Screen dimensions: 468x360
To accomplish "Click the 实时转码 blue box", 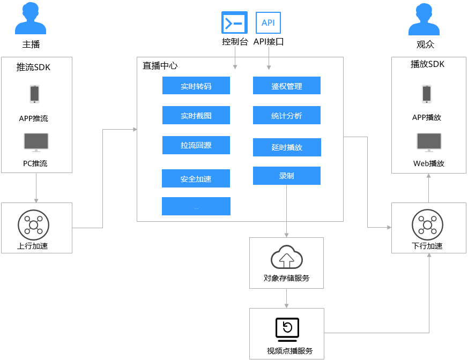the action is click(196, 86).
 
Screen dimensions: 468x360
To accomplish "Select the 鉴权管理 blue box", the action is click(287, 86).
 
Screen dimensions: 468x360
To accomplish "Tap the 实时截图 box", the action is click(196, 115).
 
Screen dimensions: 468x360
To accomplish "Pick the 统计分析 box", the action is click(287, 115).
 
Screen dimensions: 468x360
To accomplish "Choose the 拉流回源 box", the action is click(196, 145).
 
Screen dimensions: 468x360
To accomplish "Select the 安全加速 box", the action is click(196, 178).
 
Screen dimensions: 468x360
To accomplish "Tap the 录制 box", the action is click(287, 176).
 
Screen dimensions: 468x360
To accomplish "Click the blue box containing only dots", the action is click(196, 206).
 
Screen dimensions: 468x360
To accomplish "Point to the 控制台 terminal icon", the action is click(235, 22).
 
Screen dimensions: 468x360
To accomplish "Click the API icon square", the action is click(269, 22).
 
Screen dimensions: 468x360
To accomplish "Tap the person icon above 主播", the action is click(31, 19).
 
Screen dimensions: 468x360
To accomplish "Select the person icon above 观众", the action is click(424, 19).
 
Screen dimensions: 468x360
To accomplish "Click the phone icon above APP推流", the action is click(35, 94).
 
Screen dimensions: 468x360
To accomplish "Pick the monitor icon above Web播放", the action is click(429, 142).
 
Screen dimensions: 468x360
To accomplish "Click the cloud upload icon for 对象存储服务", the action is click(287, 257).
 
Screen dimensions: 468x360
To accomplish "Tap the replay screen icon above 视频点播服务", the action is click(287, 330).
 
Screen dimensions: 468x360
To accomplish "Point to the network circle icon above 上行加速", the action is click(33, 225).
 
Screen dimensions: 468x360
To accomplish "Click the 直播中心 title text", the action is click(160, 66).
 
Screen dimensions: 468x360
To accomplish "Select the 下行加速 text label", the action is click(427, 246).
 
